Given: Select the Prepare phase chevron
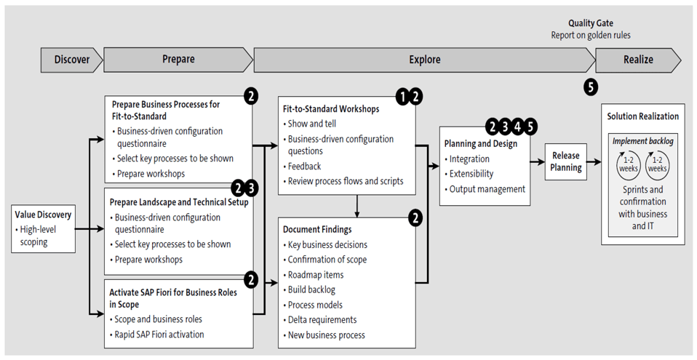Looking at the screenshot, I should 178,60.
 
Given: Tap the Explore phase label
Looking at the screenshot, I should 424,60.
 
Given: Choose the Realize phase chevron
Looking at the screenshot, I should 638,60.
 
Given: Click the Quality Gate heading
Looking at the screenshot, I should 590,23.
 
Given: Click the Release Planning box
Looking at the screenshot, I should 566,161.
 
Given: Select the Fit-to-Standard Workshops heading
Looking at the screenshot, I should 331,109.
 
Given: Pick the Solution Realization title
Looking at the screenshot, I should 642,116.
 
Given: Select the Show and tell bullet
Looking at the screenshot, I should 313,124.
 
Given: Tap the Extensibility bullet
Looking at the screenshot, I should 471,174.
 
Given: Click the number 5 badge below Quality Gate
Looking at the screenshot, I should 591,87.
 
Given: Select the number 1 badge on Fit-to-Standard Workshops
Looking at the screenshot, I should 401,96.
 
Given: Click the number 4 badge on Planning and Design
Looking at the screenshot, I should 517,127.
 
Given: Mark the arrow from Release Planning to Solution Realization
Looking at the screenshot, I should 593,162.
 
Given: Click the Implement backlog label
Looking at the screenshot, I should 642,141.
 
